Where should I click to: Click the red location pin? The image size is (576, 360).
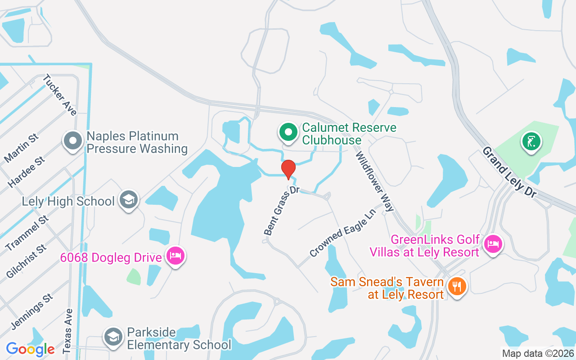[288, 169]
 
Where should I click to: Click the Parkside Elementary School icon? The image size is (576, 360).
[112, 337]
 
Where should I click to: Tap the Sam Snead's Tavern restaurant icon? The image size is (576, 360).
[457, 287]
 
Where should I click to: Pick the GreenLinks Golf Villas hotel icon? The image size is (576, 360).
[493, 245]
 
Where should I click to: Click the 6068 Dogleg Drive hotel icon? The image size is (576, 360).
[175, 256]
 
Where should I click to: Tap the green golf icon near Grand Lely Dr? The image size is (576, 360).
[531, 141]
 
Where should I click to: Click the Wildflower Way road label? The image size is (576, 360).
[375, 181]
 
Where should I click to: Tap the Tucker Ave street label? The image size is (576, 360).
[60, 95]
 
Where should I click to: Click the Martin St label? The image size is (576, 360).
[21, 148]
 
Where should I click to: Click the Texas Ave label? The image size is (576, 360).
[67, 330]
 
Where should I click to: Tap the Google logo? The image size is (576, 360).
[30, 349]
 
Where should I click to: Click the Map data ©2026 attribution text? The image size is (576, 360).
[538, 354]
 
